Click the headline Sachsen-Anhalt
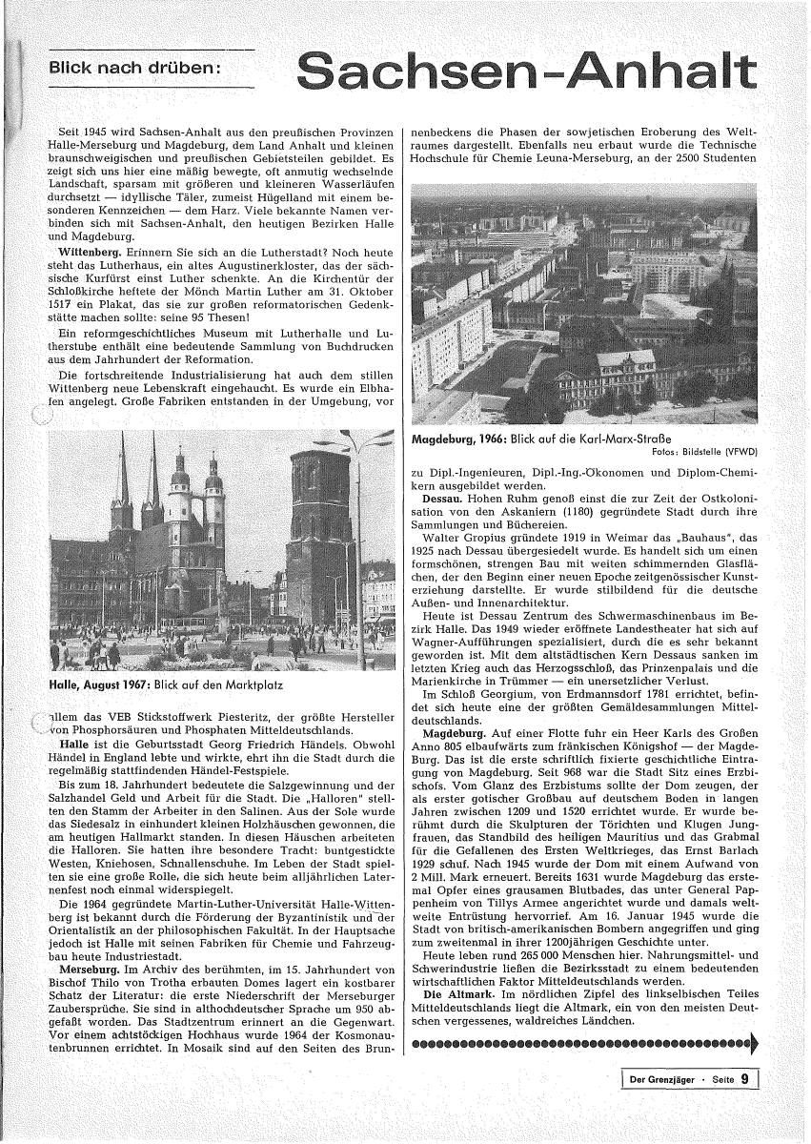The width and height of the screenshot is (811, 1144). [527, 73]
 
